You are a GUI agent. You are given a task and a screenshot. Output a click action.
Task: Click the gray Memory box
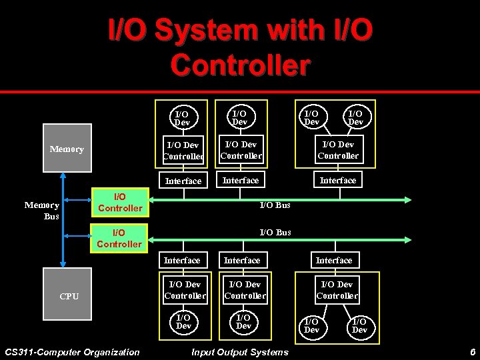67,149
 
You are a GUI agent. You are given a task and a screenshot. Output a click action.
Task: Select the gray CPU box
69,295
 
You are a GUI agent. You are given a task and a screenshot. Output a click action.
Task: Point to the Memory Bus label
42,211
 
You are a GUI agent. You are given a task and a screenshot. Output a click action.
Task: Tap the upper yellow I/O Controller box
119,203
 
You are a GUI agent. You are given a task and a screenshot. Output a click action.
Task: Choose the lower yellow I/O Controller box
119,238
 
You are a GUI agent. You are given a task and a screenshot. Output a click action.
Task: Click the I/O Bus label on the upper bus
275,205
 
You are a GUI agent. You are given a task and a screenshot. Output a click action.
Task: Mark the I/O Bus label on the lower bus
275,233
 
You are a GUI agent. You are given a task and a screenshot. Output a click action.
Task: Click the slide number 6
472,352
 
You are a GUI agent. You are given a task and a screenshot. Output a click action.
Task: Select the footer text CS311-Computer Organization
72,352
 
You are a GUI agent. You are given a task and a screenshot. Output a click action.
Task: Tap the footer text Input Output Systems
240,352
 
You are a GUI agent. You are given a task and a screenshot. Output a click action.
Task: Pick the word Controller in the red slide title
240,65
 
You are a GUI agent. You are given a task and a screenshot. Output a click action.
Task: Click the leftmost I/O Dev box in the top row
182,118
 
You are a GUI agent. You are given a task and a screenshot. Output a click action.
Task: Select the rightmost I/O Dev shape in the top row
356,117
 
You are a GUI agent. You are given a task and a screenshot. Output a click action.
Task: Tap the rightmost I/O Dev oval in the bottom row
359,325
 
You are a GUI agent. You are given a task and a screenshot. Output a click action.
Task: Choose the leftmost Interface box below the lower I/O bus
182,260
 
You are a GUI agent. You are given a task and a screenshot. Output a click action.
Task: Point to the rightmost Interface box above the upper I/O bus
338,180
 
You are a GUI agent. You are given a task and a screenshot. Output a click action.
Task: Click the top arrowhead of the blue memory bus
63,176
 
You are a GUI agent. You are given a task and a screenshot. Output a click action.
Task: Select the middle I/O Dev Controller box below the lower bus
245,290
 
